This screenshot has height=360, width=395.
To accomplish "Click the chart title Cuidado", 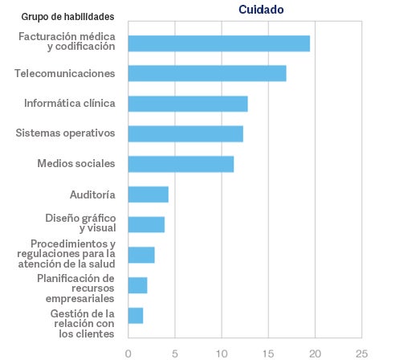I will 261,10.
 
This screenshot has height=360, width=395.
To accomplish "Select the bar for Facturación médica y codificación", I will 218,43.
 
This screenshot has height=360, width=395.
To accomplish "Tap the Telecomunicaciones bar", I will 207,73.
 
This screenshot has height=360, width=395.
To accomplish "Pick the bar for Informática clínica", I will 188,104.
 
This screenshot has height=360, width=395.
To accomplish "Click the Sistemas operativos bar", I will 185,133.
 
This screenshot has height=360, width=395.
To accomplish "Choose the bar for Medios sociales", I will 181,164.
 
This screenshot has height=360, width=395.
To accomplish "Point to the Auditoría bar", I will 148,194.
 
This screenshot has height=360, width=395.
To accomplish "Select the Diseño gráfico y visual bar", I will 146,224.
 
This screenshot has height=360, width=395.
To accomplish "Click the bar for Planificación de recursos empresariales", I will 137,285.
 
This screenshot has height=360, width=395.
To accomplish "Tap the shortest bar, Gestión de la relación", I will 136,315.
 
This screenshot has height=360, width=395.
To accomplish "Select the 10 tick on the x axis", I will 222,352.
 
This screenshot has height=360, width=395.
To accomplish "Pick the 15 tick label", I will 268,352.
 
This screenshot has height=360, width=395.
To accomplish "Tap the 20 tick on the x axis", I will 315,352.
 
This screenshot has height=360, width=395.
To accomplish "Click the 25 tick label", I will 361,352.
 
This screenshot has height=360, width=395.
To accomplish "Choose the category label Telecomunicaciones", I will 65,73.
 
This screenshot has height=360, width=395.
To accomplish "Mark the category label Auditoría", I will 93,194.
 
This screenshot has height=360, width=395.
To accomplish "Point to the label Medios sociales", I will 76,164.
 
